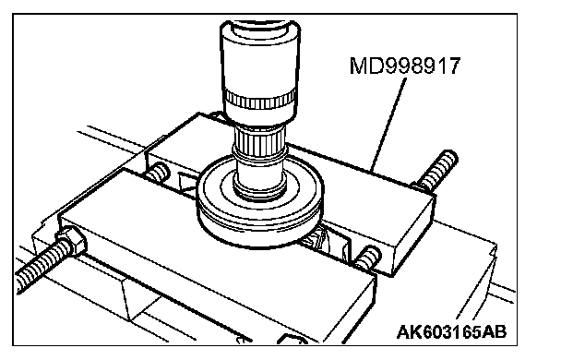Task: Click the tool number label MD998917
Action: pyautogui.click(x=405, y=66)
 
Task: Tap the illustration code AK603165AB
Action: pyautogui.click(x=451, y=332)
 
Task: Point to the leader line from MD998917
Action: pyautogui.click(x=388, y=124)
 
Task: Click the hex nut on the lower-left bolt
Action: pyautogui.click(x=71, y=241)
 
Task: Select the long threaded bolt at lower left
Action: pyautogui.click(x=44, y=265)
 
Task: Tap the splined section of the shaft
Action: pyautogui.click(x=260, y=141)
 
